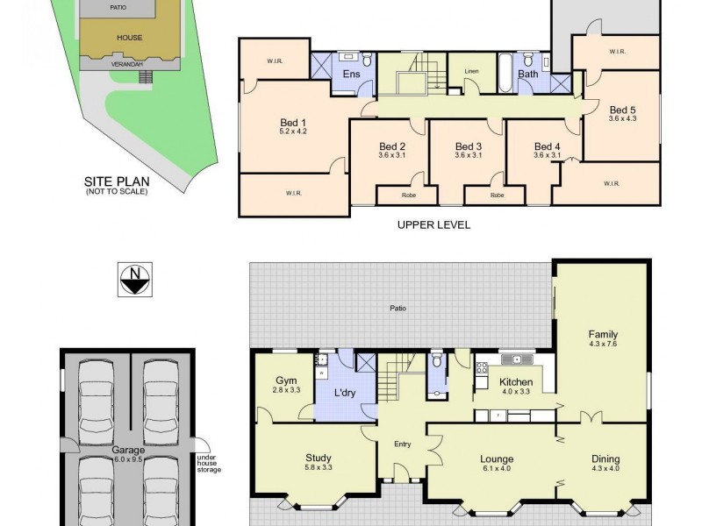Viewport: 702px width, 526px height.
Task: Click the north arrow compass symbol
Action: point(133,281)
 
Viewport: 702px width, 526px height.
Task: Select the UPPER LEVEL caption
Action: point(433,224)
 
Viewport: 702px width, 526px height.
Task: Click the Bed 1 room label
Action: point(292,122)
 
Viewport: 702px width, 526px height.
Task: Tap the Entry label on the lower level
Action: point(402,444)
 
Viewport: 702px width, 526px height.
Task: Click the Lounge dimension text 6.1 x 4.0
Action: point(496,469)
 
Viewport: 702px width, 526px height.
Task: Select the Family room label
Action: point(603,334)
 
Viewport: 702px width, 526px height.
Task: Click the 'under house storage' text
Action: point(209,462)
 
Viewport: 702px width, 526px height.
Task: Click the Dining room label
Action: point(605,458)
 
